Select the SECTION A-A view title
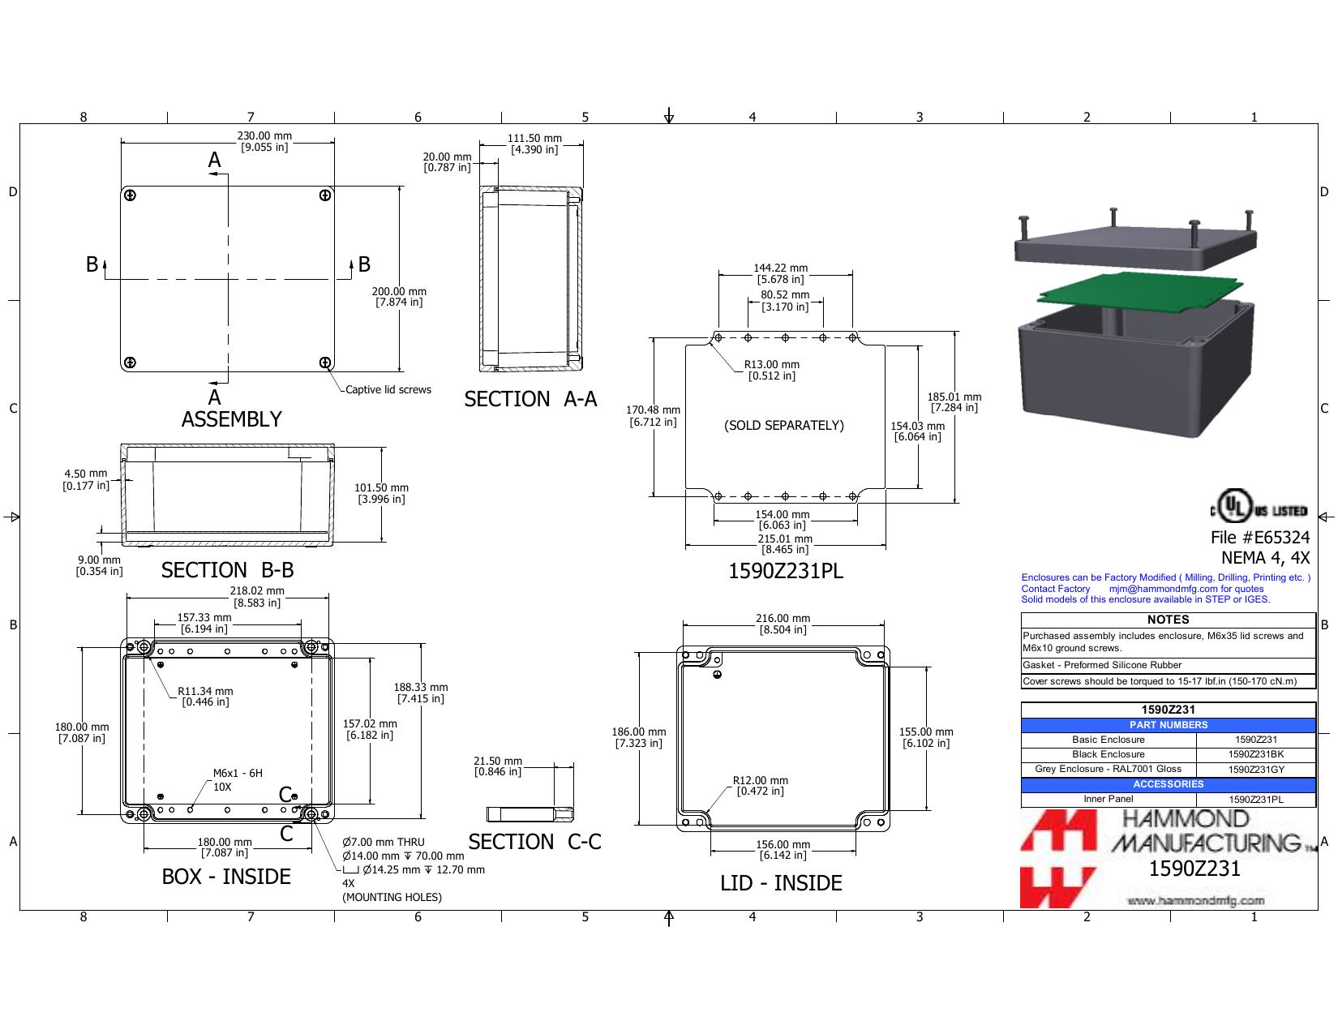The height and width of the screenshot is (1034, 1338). click(x=530, y=399)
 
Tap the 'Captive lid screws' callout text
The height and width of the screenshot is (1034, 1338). click(x=388, y=390)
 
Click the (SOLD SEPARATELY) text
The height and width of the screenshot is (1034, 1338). click(x=784, y=426)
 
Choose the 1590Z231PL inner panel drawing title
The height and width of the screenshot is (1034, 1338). click(x=786, y=572)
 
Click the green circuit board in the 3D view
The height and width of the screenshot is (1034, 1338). click(x=1139, y=288)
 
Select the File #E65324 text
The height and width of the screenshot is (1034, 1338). click(x=1260, y=538)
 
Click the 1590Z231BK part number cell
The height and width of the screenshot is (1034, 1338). click(x=1255, y=754)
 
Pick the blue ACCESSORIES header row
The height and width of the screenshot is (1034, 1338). click(x=1168, y=784)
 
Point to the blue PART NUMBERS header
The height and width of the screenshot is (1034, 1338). click(x=1168, y=726)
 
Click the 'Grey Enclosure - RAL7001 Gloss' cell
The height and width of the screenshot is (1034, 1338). click(x=1108, y=769)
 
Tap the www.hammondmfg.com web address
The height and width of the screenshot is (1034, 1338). click(x=1196, y=901)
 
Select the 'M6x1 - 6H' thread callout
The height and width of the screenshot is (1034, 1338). click(x=238, y=774)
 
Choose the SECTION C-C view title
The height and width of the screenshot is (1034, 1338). click(x=534, y=842)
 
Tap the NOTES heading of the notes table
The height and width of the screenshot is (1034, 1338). click(x=1168, y=620)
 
